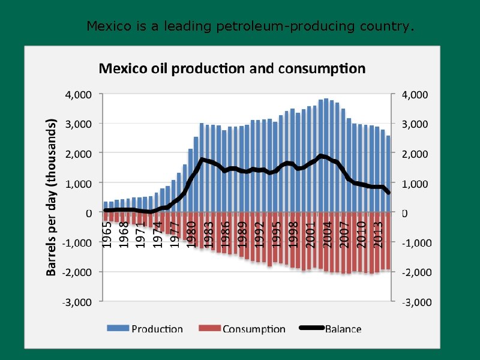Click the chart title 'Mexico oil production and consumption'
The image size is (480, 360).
pos(232,68)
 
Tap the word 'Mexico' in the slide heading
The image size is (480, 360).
pos(106,26)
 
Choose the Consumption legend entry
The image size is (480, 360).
pos(242,328)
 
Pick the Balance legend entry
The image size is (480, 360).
pos(331,328)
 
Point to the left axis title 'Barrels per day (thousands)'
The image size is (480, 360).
pos(52,196)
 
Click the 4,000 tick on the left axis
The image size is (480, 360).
pos(78,94)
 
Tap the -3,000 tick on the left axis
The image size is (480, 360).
pos(76,301)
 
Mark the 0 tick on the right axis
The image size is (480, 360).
pos(404,213)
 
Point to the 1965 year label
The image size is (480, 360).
pos(106,233)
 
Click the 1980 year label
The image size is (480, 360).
pos(191,233)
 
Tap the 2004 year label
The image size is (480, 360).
pos(327,233)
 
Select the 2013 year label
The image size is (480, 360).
pos(379,233)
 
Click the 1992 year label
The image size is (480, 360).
pos(259,233)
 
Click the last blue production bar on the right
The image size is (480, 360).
pos(388,174)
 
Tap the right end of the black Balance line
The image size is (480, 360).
pos(388,193)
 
